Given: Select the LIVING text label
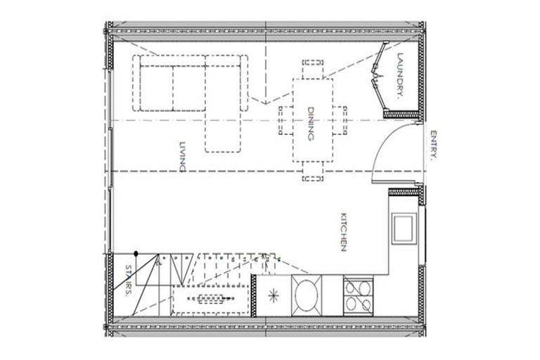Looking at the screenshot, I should [182, 156].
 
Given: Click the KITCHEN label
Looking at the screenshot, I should [345, 231].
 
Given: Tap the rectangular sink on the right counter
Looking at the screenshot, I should [404, 227].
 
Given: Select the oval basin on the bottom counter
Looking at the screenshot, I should [307, 294].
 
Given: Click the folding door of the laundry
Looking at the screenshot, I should [377, 77].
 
